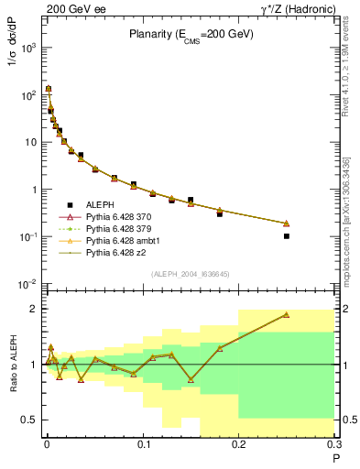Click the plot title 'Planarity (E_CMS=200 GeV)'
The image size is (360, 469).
point(191,34)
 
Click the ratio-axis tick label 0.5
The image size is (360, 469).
point(31,420)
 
